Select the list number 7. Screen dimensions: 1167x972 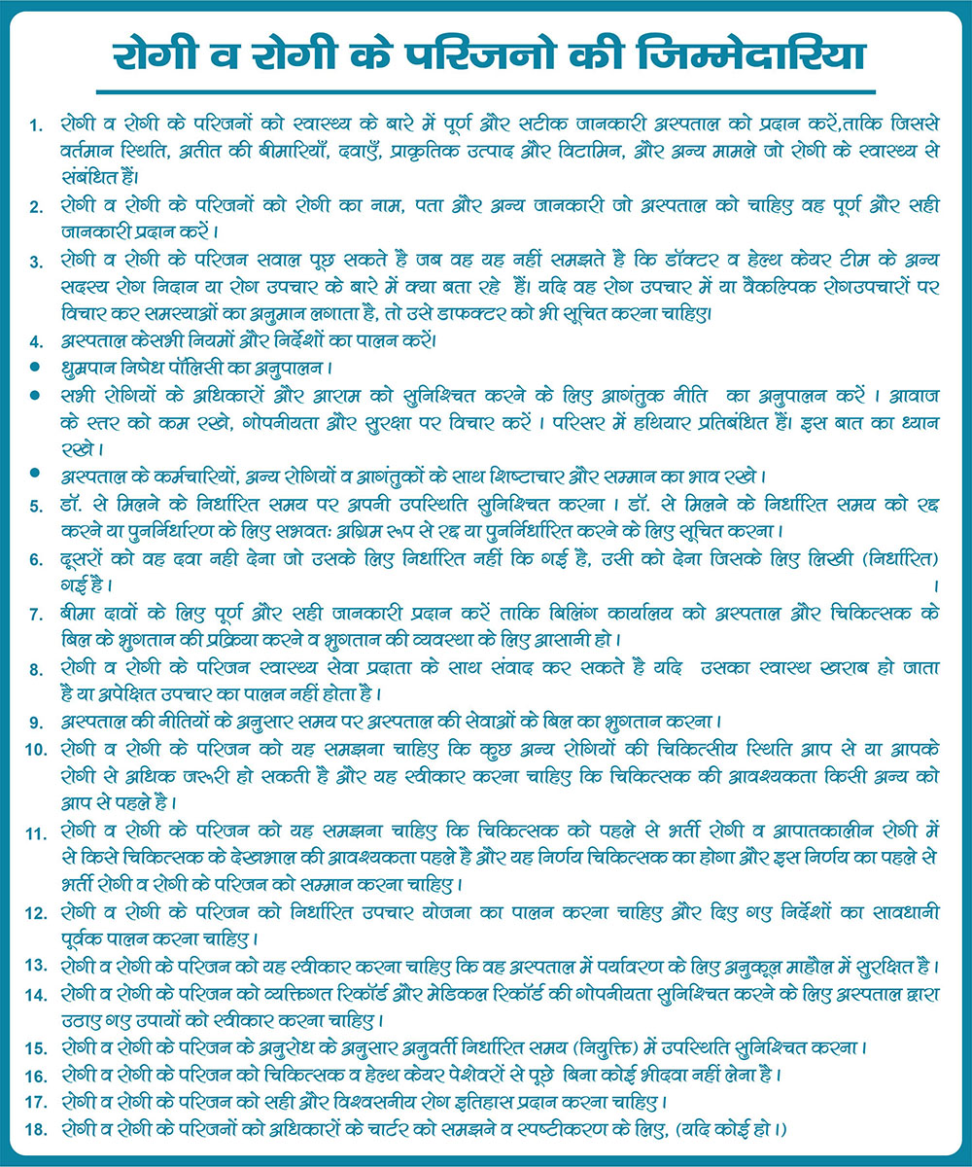35,615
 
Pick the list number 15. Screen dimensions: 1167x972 36,1048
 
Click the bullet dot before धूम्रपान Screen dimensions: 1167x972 35,370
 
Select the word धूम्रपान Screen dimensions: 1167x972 86,370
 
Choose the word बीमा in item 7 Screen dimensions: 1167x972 76,614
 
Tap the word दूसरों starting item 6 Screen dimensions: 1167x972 83,559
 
